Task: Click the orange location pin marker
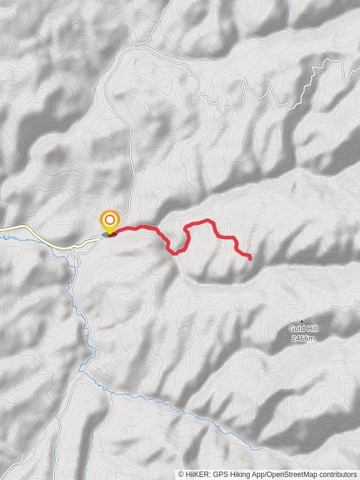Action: (110, 223)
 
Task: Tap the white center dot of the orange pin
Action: (110, 220)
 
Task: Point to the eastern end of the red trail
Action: (250, 258)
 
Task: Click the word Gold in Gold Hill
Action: (295, 328)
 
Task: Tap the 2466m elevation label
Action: (302, 338)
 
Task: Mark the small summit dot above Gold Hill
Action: (302, 321)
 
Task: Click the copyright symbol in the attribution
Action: (181, 474)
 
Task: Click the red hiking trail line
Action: (144, 227)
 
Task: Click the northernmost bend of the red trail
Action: (207, 220)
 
